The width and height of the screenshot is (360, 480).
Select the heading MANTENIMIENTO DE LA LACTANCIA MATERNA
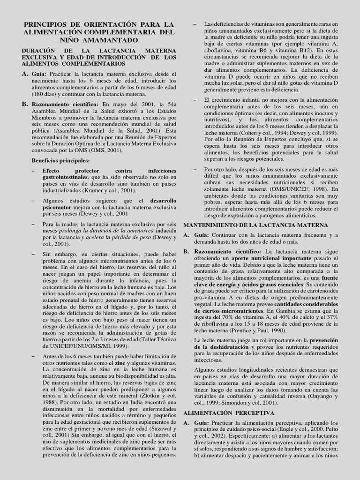point(255,225)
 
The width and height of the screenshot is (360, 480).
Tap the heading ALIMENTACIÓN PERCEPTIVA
point(229,412)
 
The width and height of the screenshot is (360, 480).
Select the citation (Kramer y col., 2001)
point(110,191)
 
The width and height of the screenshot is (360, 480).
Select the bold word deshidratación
point(214,347)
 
